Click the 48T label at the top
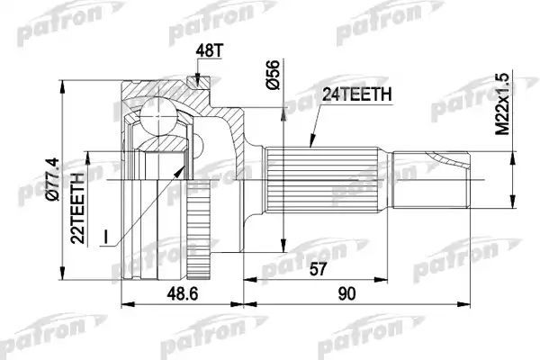[210, 51]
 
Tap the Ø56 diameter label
[274, 75]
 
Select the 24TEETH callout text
[356, 94]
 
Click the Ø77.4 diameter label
[54, 179]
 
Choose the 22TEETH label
[77, 209]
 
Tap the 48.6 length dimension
[182, 294]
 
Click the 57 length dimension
[317, 269]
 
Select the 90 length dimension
[346, 294]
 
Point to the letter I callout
[106, 237]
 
